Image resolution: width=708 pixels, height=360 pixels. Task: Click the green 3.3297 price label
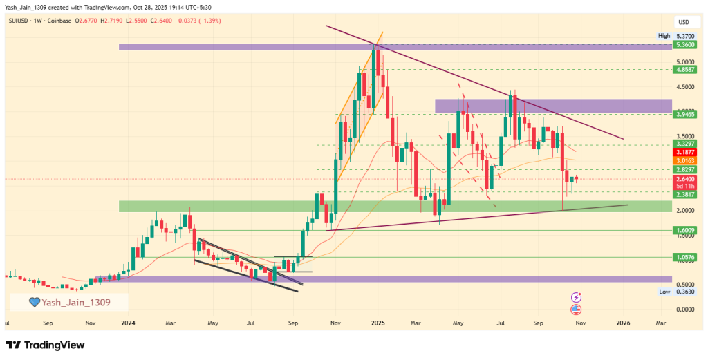click(x=685, y=144)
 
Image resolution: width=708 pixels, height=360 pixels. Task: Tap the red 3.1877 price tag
click(x=685, y=152)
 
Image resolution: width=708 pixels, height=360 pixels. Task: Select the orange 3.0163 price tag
click(x=685, y=160)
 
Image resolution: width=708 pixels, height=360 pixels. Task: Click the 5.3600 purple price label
click(x=685, y=44)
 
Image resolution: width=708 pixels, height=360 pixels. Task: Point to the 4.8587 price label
click(x=685, y=69)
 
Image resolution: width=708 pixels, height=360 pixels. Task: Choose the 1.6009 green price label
click(x=685, y=230)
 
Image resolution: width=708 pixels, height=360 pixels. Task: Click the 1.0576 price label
click(x=685, y=257)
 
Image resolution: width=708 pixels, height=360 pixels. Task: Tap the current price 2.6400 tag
click(x=685, y=178)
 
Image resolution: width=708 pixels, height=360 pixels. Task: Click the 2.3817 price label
click(x=685, y=196)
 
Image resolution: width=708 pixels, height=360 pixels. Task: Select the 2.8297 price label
click(x=685, y=169)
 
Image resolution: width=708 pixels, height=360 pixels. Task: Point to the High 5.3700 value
click(x=685, y=36)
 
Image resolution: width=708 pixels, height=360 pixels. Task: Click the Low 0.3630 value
click(x=685, y=292)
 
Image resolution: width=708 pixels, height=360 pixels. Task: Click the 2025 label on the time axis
click(x=377, y=323)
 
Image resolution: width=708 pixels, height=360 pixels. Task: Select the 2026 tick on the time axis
click(x=623, y=323)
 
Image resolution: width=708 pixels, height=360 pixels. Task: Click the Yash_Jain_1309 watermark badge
click(x=69, y=302)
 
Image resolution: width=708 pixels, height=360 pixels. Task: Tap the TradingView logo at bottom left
click(x=48, y=345)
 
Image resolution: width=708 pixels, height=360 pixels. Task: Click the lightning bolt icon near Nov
click(x=576, y=297)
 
